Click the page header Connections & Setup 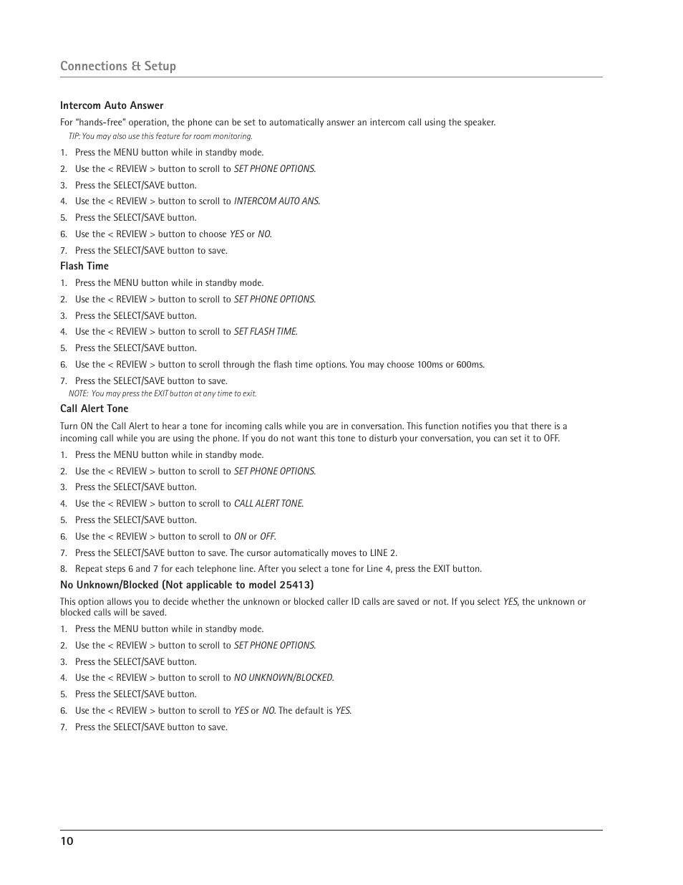click(118, 66)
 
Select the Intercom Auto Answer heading click(112, 105)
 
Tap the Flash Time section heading click(84, 266)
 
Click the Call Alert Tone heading click(95, 408)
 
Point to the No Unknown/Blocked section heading click(187, 585)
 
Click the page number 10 click(67, 841)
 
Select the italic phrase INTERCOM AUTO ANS click(276, 201)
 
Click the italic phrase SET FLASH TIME click(265, 332)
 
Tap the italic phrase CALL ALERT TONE click(268, 504)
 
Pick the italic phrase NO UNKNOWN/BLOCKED click(284, 678)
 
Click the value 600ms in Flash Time click(470, 365)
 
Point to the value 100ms click(430, 365)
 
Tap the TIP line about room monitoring click(160, 136)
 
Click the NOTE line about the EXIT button click(163, 393)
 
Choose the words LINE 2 click(382, 553)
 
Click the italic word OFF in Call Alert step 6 click(267, 537)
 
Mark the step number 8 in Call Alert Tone click(63, 569)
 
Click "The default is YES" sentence click(315, 711)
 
